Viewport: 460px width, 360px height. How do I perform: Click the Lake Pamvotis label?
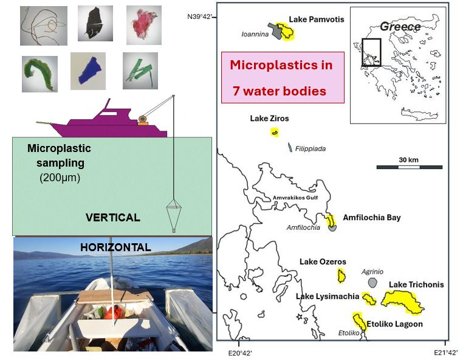[x=316, y=19]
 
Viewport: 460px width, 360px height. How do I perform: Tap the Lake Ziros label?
[x=269, y=118]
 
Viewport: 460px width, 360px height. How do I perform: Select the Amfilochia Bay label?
[x=372, y=218]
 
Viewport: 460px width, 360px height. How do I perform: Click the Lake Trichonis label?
[x=416, y=285]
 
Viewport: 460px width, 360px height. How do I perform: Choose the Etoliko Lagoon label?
[x=394, y=324]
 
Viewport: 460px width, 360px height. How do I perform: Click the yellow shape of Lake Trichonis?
[x=402, y=301]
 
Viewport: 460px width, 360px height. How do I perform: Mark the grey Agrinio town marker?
[x=372, y=283]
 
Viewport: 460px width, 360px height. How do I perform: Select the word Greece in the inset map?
[x=400, y=27]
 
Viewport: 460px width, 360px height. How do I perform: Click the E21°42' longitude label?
[x=445, y=353]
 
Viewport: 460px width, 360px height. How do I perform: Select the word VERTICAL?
[x=112, y=217]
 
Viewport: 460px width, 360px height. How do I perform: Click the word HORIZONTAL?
[x=115, y=247]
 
